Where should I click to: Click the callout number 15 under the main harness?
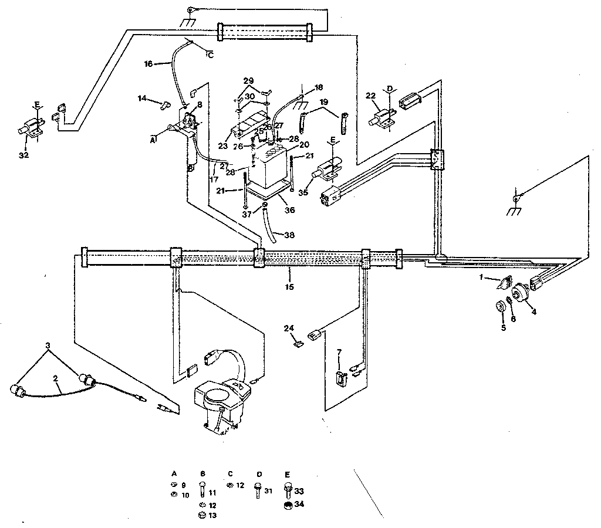pos(290,287)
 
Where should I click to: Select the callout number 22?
pos(370,96)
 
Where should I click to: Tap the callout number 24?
pos(288,328)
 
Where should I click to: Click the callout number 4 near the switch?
pos(534,312)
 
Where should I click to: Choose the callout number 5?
pos(503,328)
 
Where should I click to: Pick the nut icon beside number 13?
pos(202,515)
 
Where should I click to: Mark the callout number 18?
pos(319,87)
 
